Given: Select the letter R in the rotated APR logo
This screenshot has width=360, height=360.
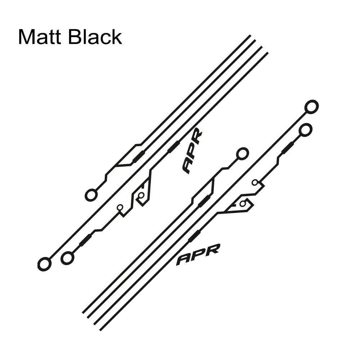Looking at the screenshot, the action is [197, 137].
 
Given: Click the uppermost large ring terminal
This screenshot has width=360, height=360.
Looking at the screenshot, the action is [311, 107].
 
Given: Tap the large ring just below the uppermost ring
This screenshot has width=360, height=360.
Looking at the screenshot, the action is [305, 130].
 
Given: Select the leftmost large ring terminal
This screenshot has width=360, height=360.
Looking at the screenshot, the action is [44, 264].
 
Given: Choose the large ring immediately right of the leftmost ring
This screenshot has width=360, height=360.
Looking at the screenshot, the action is [67, 258].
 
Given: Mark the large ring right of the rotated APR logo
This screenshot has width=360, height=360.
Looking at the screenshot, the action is [242, 154].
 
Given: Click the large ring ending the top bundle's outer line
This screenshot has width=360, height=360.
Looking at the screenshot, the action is [91, 195].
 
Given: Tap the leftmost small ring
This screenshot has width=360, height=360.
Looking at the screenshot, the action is [120, 208].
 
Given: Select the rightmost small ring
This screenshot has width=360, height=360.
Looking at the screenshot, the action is [255, 183].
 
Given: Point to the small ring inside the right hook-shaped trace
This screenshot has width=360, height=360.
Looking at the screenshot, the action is [243, 204].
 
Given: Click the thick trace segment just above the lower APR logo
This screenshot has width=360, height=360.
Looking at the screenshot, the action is [194, 237].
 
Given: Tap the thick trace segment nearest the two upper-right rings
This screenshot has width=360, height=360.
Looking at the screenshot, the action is [287, 148].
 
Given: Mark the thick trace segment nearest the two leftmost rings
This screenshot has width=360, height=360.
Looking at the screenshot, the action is [85, 240].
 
